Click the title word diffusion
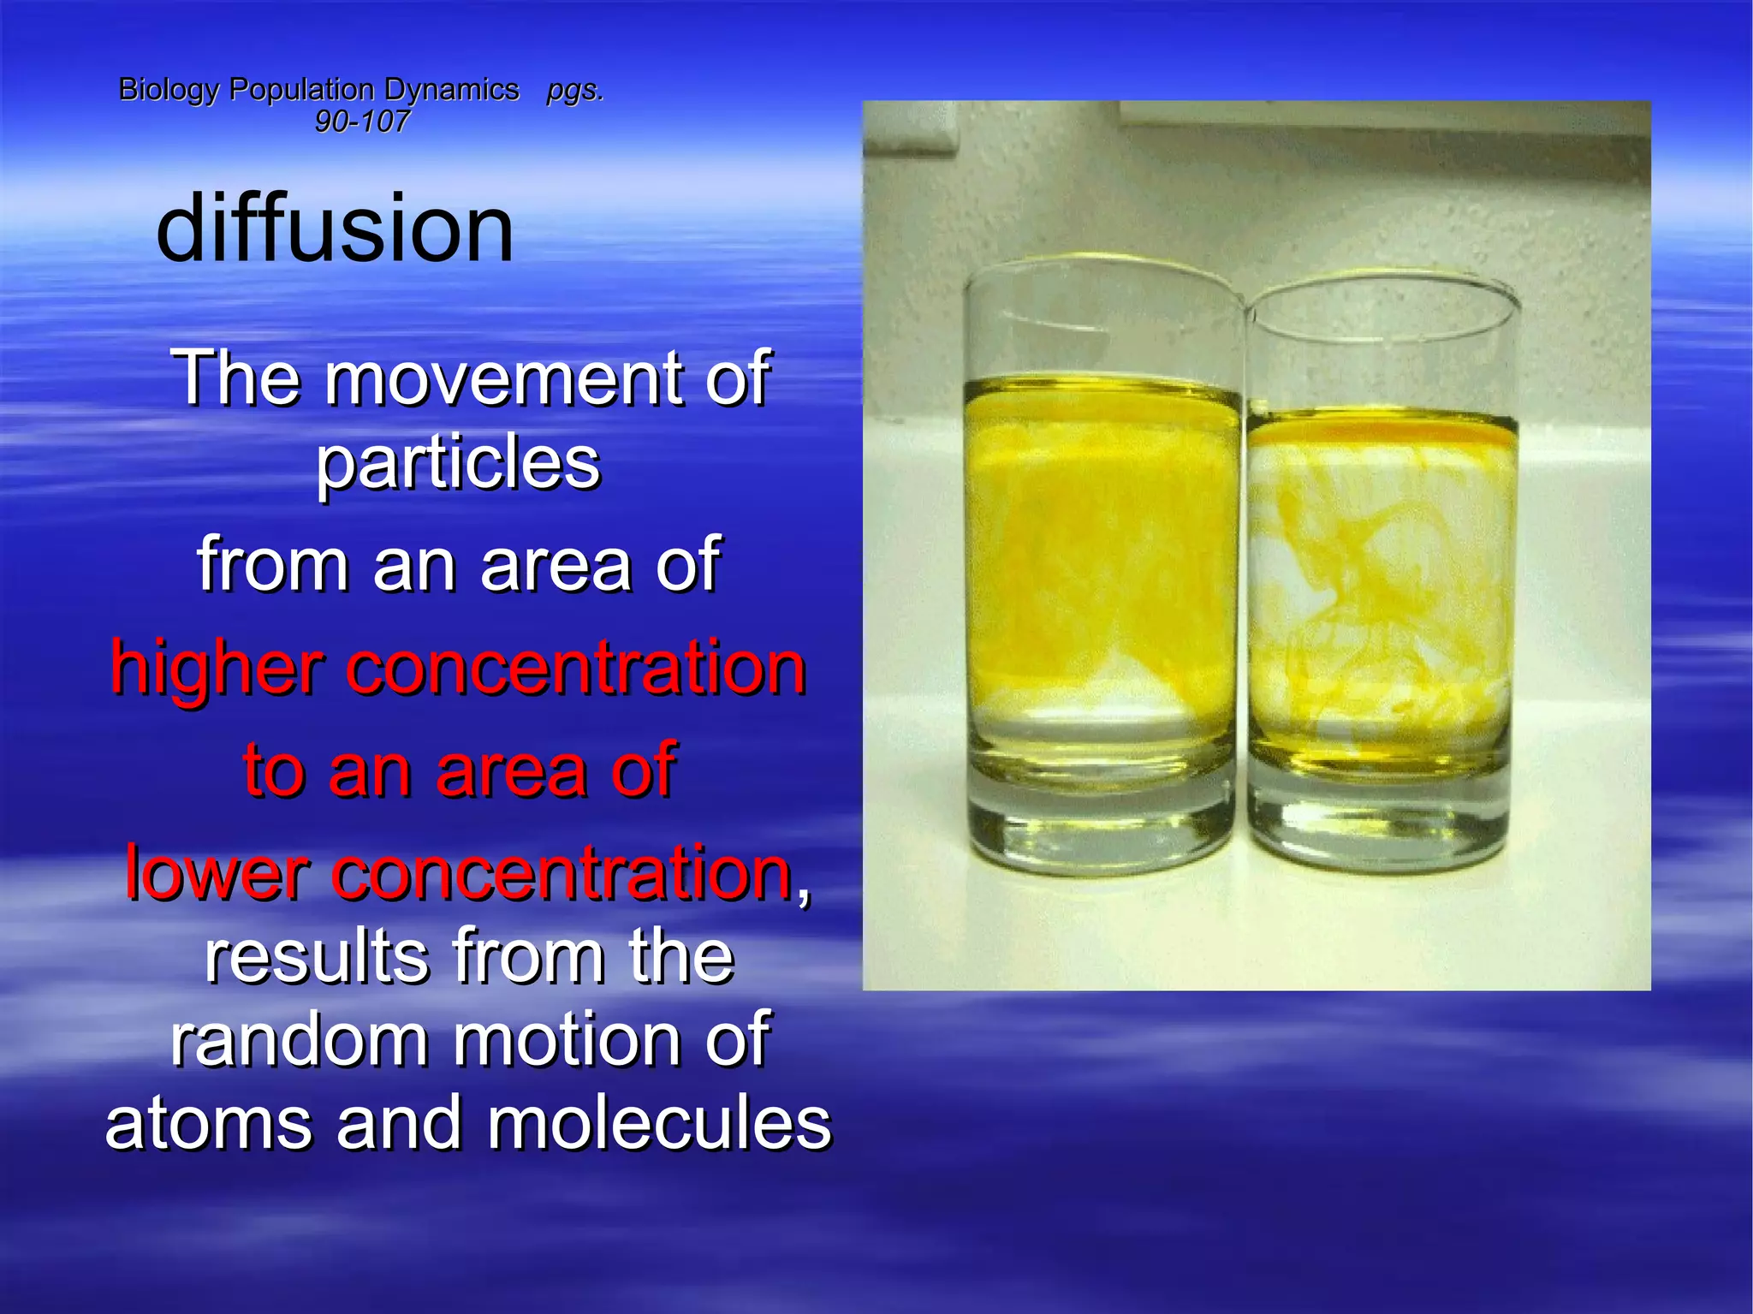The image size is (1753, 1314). coord(335,228)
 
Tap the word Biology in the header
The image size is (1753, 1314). coord(169,90)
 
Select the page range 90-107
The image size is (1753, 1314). coord(361,122)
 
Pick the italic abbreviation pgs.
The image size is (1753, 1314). coord(575,90)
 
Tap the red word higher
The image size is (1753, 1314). coord(217,668)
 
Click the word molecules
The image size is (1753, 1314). coord(659,1123)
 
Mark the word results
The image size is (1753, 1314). coord(317,956)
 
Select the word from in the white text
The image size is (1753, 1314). coord(273,564)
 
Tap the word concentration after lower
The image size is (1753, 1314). coord(562,872)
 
